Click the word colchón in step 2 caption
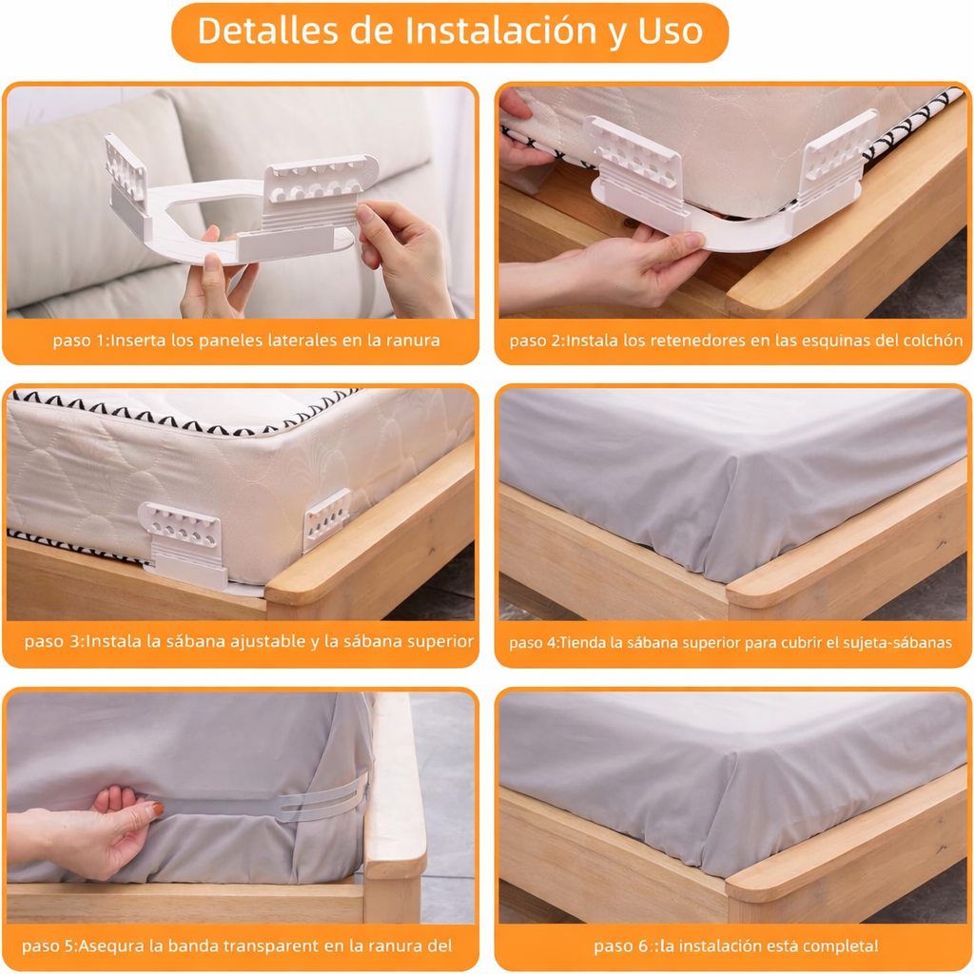pyautogui.click(x=931, y=341)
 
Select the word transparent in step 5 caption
pyautogui.click(x=288, y=945)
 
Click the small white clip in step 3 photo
pyautogui.click(x=326, y=519)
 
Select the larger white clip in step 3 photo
pyautogui.click(x=184, y=542)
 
